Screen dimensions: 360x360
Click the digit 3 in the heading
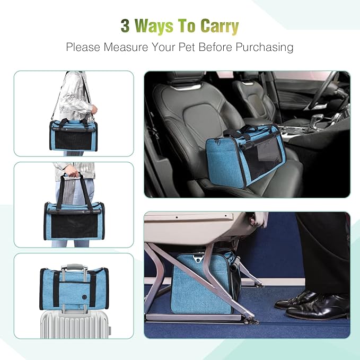[x=125, y=26]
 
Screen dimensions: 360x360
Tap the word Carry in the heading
[x=218, y=27]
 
